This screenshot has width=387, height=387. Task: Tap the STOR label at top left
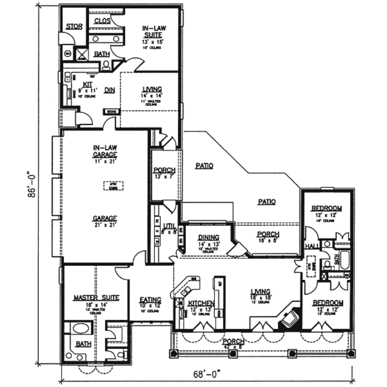(x=74, y=26)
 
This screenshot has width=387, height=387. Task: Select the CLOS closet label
(x=102, y=21)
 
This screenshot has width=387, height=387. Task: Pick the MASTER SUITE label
(x=96, y=298)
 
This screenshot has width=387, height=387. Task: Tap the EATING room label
(x=150, y=300)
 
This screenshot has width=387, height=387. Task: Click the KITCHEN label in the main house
(x=201, y=303)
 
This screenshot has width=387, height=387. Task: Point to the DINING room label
(x=208, y=237)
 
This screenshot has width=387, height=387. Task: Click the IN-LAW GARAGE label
(x=105, y=151)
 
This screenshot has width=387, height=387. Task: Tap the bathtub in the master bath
(x=82, y=328)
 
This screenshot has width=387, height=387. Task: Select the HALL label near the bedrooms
(x=312, y=246)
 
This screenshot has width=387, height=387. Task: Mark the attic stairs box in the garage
(x=113, y=186)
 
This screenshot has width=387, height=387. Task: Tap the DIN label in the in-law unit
(x=110, y=90)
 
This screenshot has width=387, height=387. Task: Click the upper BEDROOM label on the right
(x=327, y=208)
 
